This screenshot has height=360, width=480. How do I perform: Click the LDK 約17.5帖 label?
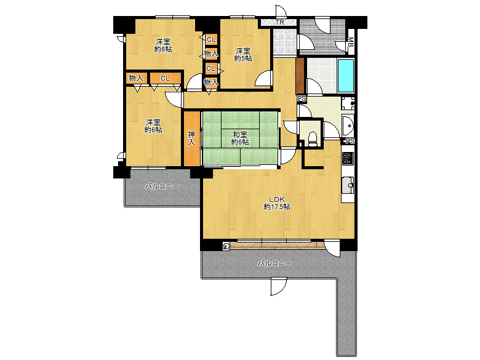pyautogui.click(x=277, y=203)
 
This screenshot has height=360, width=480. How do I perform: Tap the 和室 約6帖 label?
pyautogui.click(x=240, y=138)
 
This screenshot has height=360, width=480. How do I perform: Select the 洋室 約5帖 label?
pyautogui.click(x=242, y=55)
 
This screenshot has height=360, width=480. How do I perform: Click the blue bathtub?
pyautogui.click(x=346, y=76)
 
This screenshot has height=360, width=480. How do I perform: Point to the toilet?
pyautogui.click(x=312, y=138)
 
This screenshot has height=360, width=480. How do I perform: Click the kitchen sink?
pyautogui.click(x=348, y=185)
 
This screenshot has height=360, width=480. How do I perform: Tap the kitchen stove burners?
pyautogui.click(x=348, y=158)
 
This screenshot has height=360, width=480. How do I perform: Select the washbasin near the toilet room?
pyautogui.click(x=348, y=126)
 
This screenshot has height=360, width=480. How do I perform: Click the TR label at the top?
pyautogui.click(x=279, y=22)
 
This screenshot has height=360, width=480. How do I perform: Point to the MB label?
pyautogui.click(x=351, y=42)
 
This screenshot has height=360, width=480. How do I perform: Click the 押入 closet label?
pyautogui.click(x=191, y=138)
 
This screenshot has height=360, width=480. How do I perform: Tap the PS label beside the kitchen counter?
pyautogui.click(x=350, y=141)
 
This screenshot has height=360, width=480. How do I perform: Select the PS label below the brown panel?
pyautogui.click(x=302, y=99)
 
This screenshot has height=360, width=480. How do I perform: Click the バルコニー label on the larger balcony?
pyautogui.click(x=274, y=263)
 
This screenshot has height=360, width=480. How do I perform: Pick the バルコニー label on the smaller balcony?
pyautogui.click(x=162, y=186)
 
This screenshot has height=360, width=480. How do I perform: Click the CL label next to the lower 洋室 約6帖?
pyautogui.click(x=165, y=78)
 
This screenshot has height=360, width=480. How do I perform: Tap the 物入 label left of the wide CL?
pyautogui.click(x=136, y=78)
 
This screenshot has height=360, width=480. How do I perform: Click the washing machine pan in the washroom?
pyautogui.click(x=348, y=103)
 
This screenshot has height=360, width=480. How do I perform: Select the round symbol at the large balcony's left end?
pyautogui.click(x=226, y=246)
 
